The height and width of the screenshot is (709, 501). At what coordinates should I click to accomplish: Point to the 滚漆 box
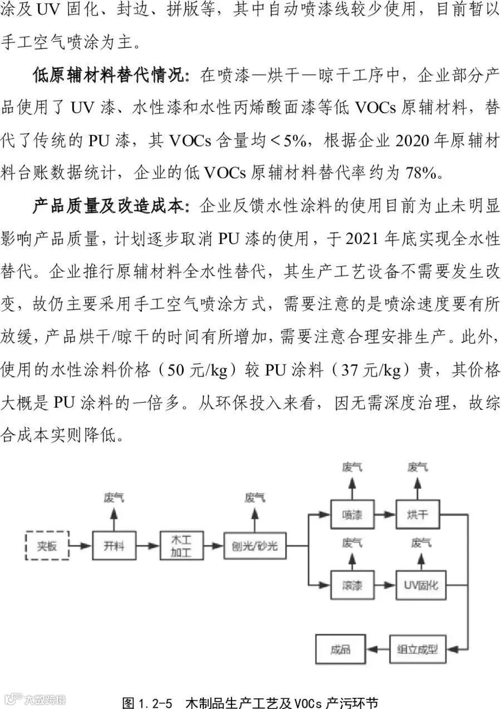352,585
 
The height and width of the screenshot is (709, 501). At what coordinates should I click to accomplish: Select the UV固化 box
421,585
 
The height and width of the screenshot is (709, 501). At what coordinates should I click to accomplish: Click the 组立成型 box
417,649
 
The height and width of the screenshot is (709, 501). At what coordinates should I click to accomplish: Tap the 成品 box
341,649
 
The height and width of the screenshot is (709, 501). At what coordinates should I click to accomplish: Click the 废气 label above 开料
114,497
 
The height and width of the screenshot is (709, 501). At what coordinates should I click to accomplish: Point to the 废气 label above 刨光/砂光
254,497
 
